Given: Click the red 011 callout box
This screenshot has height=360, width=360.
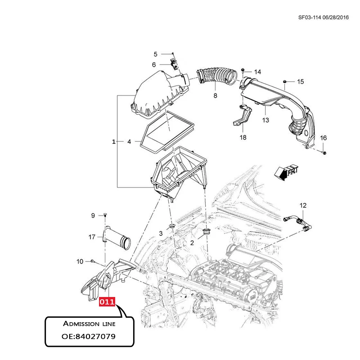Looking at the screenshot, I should point(108,301).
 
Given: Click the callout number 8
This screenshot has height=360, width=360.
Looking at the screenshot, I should point(215,96).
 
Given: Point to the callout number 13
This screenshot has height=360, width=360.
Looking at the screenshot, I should point(265,120).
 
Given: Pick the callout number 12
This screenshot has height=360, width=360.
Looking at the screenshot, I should point(303,206).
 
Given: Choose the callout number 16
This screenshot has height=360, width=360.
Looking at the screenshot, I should point(323,138).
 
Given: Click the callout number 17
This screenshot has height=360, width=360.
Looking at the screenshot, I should point(92,237).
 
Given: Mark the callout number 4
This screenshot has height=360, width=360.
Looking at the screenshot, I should point(129,142).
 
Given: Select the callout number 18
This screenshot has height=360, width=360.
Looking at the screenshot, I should point(243,137).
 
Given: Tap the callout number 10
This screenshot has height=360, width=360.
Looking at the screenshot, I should point(80,261).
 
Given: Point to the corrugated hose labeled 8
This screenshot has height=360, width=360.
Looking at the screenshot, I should point(214,75).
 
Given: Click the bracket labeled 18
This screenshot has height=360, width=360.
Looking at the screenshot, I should point(243,116).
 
